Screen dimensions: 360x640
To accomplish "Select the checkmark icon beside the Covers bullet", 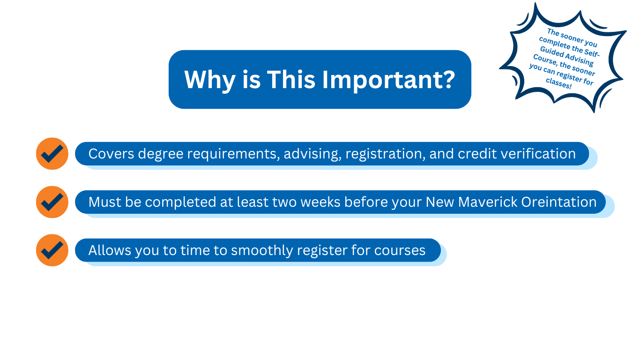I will tap(52, 154).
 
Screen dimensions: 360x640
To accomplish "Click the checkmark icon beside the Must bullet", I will tap(52, 202).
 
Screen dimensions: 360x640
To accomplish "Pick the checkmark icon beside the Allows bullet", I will tap(52, 250).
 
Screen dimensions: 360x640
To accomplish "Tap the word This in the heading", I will tap(290, 80).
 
